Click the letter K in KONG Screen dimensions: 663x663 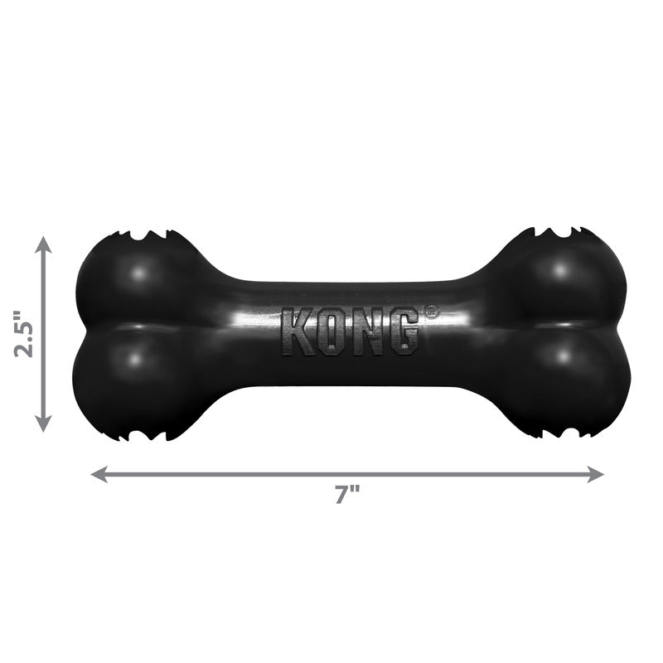click(297, 332)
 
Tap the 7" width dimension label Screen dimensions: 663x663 click(347, 496)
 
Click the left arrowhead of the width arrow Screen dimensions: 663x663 click(98, 474)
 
